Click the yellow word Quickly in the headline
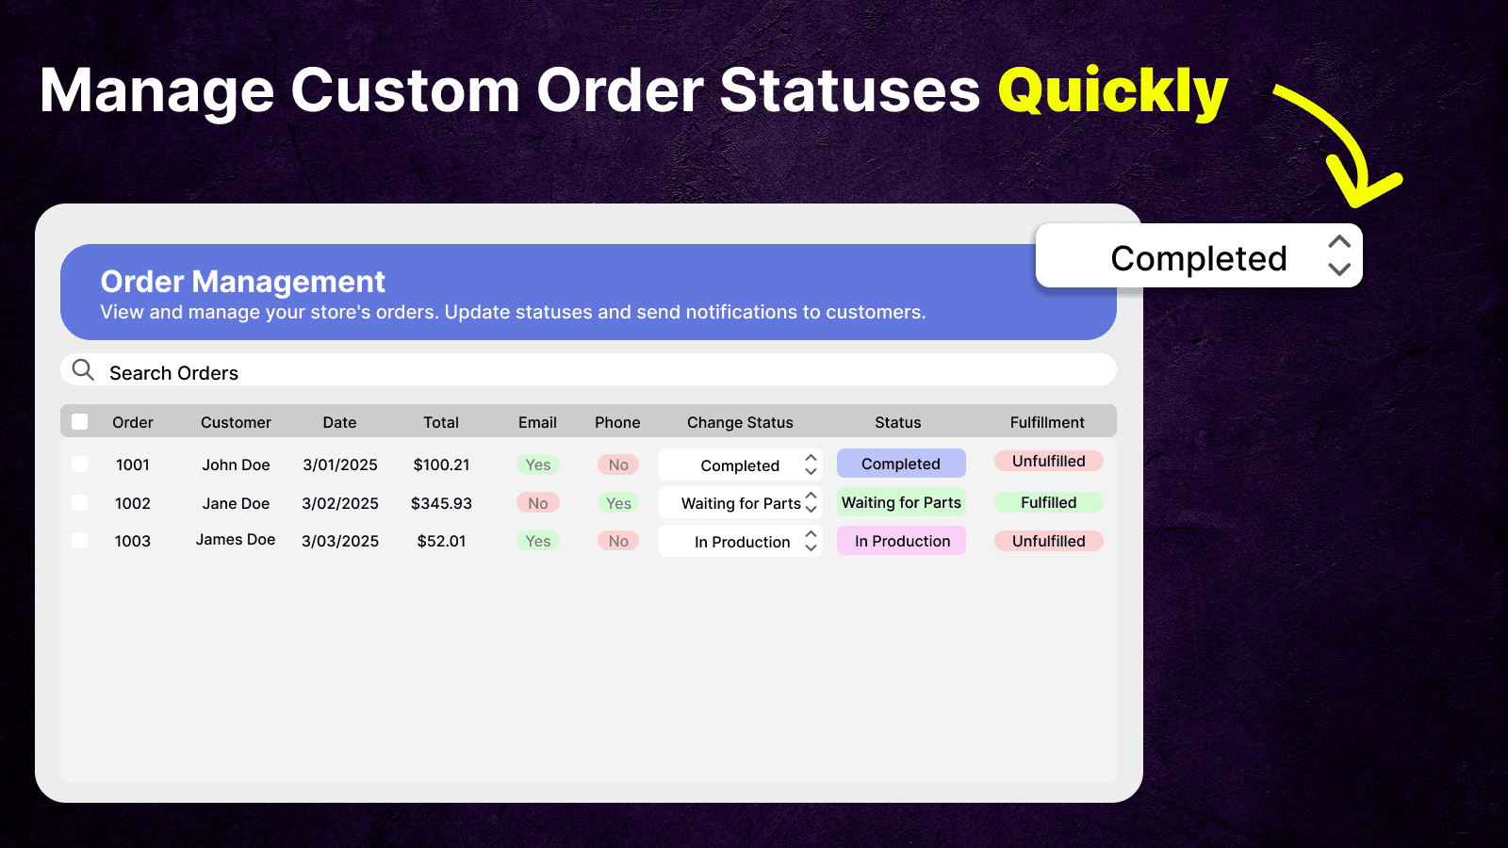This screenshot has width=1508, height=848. [1112, 91]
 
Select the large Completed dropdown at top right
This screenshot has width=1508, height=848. [1198, 256]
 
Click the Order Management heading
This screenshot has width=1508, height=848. [242, 281]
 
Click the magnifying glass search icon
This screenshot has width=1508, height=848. [83, 370]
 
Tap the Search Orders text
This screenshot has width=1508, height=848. [173, 373]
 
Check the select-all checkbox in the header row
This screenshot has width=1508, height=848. [80, 422]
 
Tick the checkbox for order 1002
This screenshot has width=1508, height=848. [80, 503]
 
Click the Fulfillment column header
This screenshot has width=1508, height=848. [1046, 422]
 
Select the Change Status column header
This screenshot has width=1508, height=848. [740, 422]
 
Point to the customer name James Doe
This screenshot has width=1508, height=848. [236, 540]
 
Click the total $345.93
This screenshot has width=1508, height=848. [441, 503]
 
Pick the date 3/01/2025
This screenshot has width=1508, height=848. [339, 465]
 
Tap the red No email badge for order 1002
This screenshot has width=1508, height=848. [538, 503]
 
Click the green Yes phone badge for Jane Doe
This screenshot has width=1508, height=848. [618, 503]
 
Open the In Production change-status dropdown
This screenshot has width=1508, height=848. [741, 542]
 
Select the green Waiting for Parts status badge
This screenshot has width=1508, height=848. [901, 502]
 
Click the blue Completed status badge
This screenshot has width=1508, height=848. [901, 464]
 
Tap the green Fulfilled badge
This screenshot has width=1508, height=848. [1048, 502]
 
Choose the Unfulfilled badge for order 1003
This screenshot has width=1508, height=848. [1048, 541]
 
